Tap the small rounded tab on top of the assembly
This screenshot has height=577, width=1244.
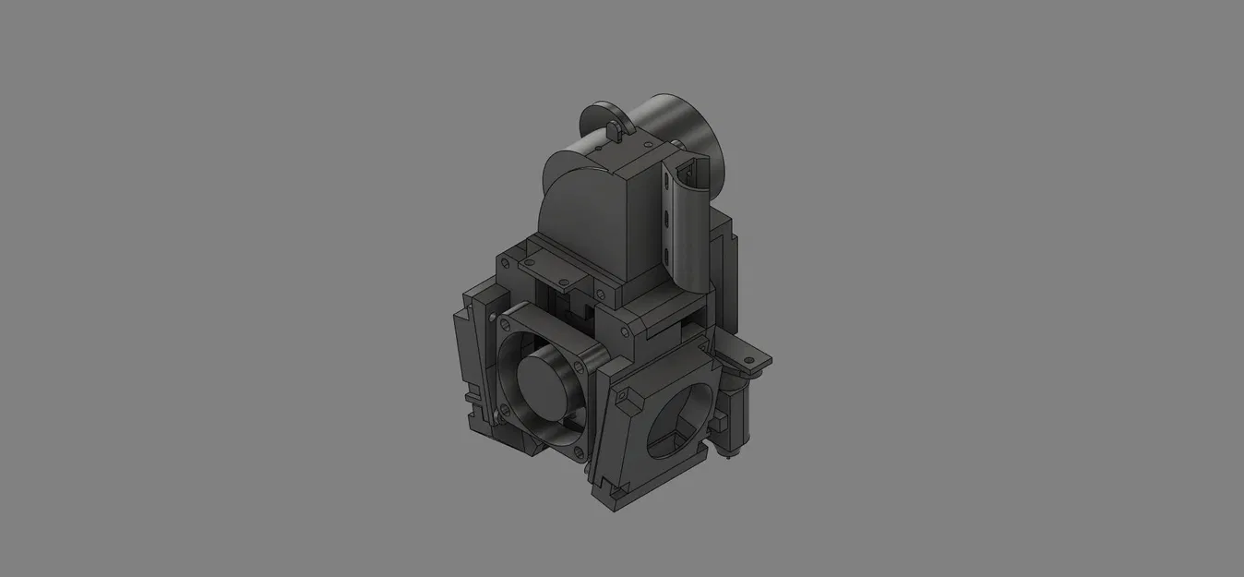tap(612, 128)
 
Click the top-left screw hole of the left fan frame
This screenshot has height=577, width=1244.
tap(503, 321)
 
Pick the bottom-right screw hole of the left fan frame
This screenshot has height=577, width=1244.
tap(579, 451)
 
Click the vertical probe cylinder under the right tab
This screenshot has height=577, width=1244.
tap(739, 406)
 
